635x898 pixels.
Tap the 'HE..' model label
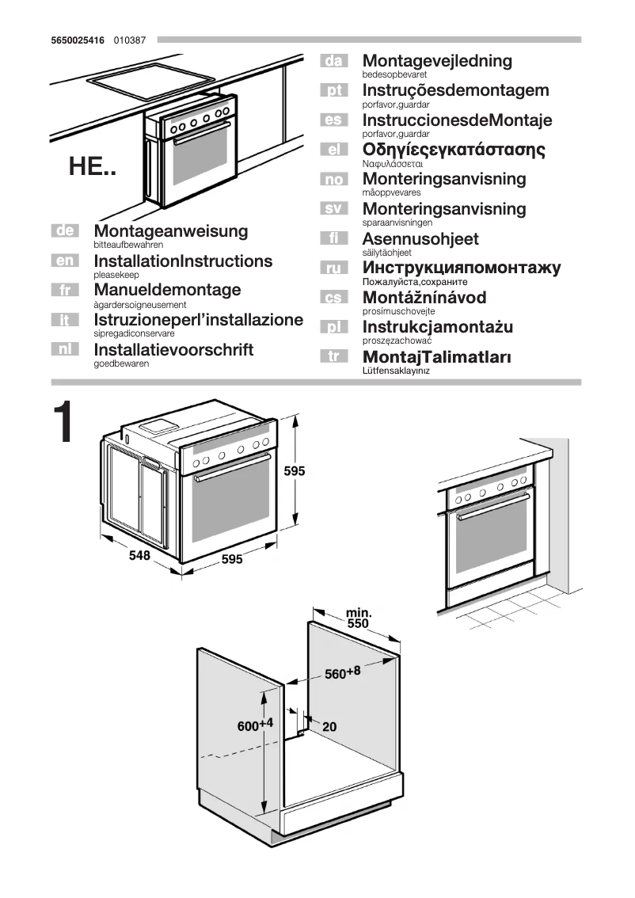click(92, 167)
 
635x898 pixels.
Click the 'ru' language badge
click(334, 268)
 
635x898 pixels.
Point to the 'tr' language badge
click(334, 356)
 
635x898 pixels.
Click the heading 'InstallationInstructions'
click(183, 261)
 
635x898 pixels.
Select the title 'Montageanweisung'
click(170, 231)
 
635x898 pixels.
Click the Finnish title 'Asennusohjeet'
click(420, 238)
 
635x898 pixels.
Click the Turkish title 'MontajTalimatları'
click(436, 356)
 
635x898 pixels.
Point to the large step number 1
click(63, 424)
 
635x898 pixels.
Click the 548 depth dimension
click(139, 556)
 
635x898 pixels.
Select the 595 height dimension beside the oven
click(295, 470)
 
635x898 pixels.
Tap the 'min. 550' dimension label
click(359, 618)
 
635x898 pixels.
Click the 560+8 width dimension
click(342, 673)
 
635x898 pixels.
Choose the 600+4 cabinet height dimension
click(255, 725)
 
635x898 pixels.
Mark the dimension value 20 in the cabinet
click(329, 726)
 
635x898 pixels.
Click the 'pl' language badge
click(334, 327)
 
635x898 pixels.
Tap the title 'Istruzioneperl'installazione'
click(198, 320)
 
